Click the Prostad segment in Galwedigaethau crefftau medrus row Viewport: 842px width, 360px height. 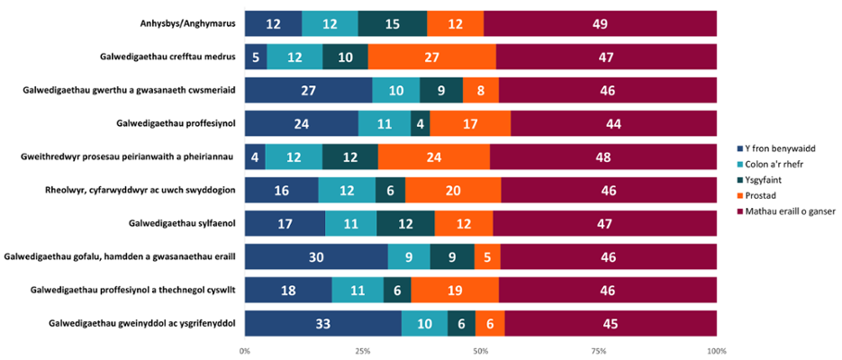(431, 57)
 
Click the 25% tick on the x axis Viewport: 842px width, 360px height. (362, 350)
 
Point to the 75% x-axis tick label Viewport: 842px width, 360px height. (598, 350)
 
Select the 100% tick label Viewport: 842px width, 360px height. (716, 350)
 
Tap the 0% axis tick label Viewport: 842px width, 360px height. (245, 350)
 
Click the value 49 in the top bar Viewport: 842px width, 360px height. (600, 24)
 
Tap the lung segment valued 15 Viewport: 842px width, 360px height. (393, 24)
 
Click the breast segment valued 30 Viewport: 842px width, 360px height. (316, 256)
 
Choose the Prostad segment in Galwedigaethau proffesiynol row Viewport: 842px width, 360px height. (470, 123)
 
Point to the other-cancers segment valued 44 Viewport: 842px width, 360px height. (613, 123)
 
